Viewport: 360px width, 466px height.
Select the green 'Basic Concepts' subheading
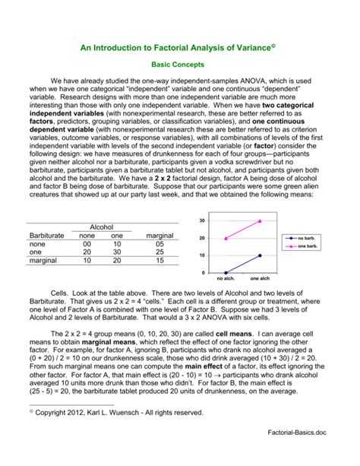pos(180,65)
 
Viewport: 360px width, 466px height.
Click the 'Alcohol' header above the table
pos(101,227)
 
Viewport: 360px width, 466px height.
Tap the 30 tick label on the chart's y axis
pos(202,221)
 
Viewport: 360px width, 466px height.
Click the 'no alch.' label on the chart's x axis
pos(226,279)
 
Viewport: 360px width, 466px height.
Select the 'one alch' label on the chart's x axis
pos(260,279)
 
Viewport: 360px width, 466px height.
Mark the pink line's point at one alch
pos(260,221)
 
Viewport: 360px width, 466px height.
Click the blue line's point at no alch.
pos(226,272)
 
